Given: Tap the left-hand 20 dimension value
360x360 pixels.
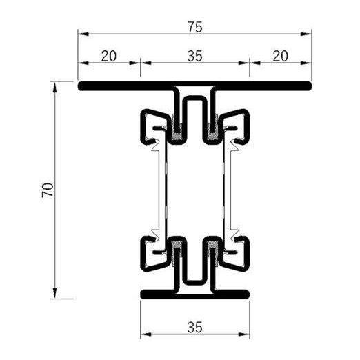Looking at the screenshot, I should pos(108,57).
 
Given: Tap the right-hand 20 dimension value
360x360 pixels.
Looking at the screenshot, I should pos(279,57).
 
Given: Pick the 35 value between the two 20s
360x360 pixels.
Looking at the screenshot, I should pos(194,57).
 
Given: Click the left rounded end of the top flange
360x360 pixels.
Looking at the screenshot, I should pos(81,87).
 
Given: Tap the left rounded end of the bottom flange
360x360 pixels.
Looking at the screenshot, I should pos(143,294).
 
